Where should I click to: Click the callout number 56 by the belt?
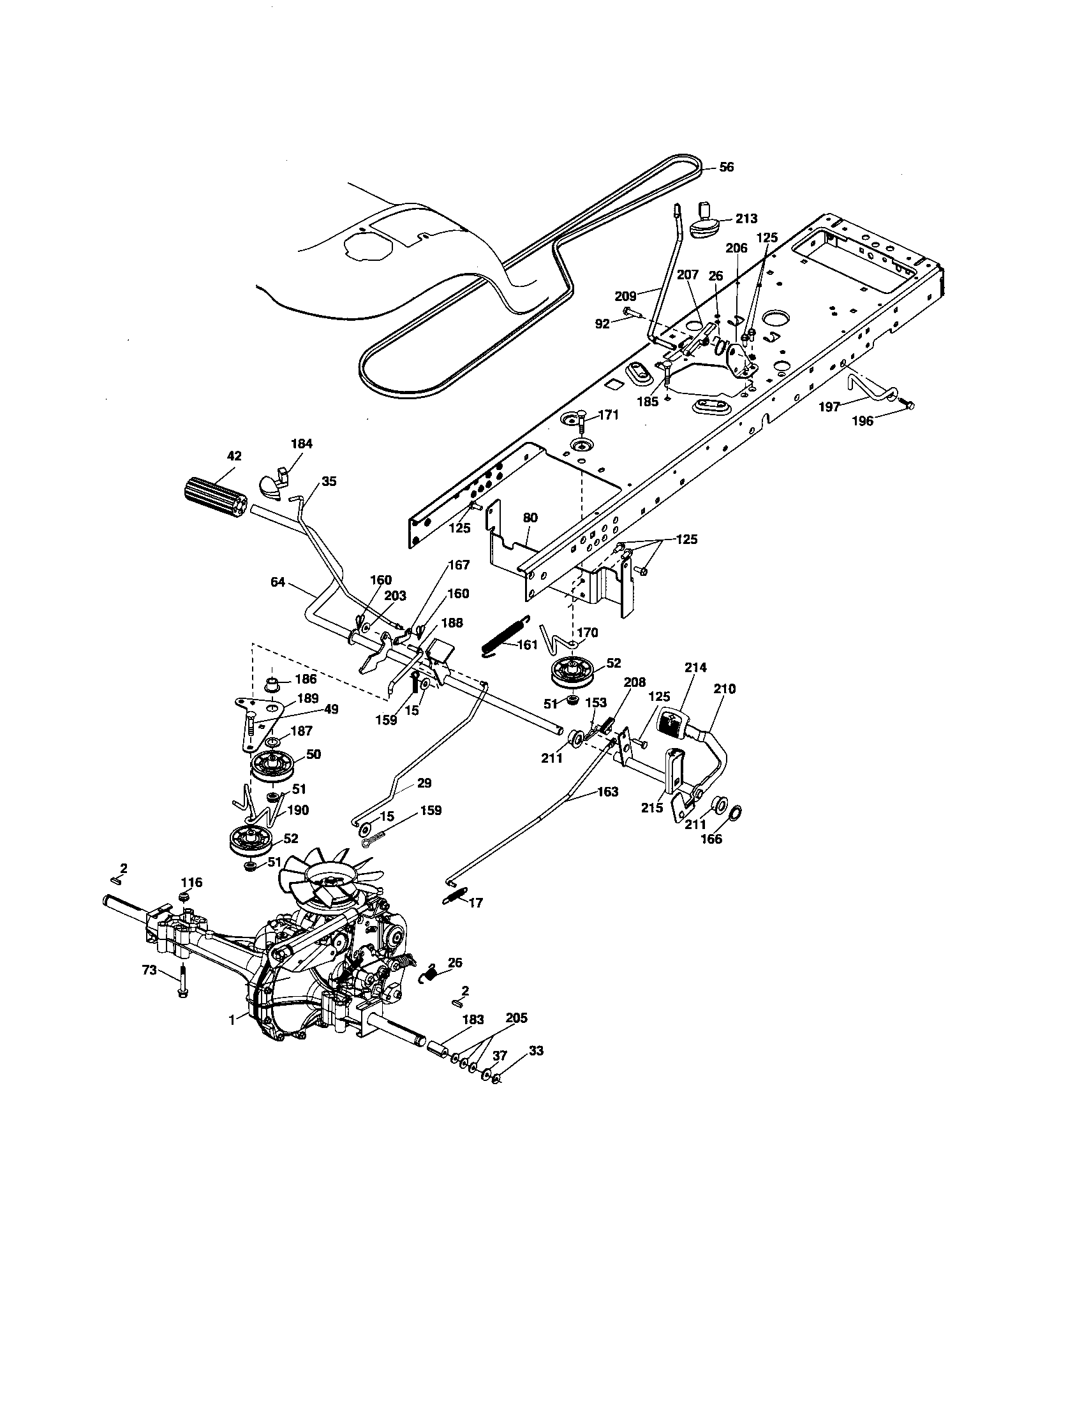click(726, 167)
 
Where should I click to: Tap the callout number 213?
click(746, 218)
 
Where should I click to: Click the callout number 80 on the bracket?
click(530, 518)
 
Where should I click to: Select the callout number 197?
click(829, 407)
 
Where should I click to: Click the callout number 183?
click(473, 1020)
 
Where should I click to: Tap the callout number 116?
click(191, 883)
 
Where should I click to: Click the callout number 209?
click(625, 296)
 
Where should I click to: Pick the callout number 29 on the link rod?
click(424, 783)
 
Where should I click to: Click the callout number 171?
click(608, 415)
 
